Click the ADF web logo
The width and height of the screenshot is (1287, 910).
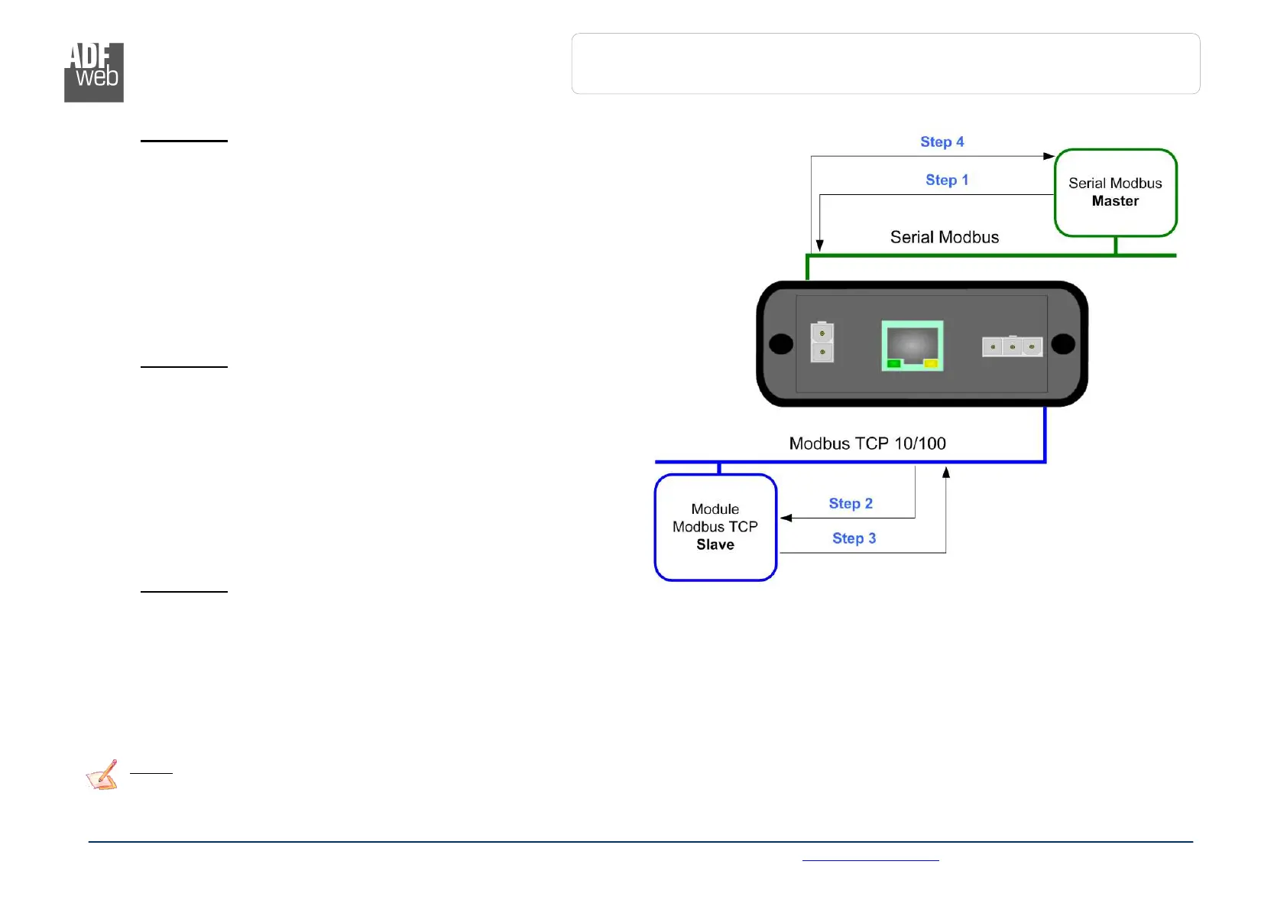93,72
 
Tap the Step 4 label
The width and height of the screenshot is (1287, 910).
942,142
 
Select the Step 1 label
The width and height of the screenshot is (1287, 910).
946,180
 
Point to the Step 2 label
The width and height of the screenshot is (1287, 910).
850,504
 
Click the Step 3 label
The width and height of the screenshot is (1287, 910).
854,539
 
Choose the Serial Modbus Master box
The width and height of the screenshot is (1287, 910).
1115,193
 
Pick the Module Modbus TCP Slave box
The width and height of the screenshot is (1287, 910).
715,528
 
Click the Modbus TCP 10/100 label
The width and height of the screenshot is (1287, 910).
867,444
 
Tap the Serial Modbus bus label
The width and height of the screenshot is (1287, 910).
944,238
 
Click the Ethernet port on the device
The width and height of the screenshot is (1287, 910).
912,346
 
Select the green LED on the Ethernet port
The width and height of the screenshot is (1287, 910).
893,364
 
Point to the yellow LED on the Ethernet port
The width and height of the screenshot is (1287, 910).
931,364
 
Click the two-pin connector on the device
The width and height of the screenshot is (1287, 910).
822,343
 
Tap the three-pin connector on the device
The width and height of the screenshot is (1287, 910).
1012,347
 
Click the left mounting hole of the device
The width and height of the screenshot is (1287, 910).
780,344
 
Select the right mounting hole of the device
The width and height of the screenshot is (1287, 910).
1063,344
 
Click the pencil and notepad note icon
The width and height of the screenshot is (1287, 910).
102,775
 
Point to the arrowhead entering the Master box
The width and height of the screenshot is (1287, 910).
1049,156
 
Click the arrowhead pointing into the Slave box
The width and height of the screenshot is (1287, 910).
786,518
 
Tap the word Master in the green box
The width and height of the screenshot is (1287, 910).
1115,202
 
